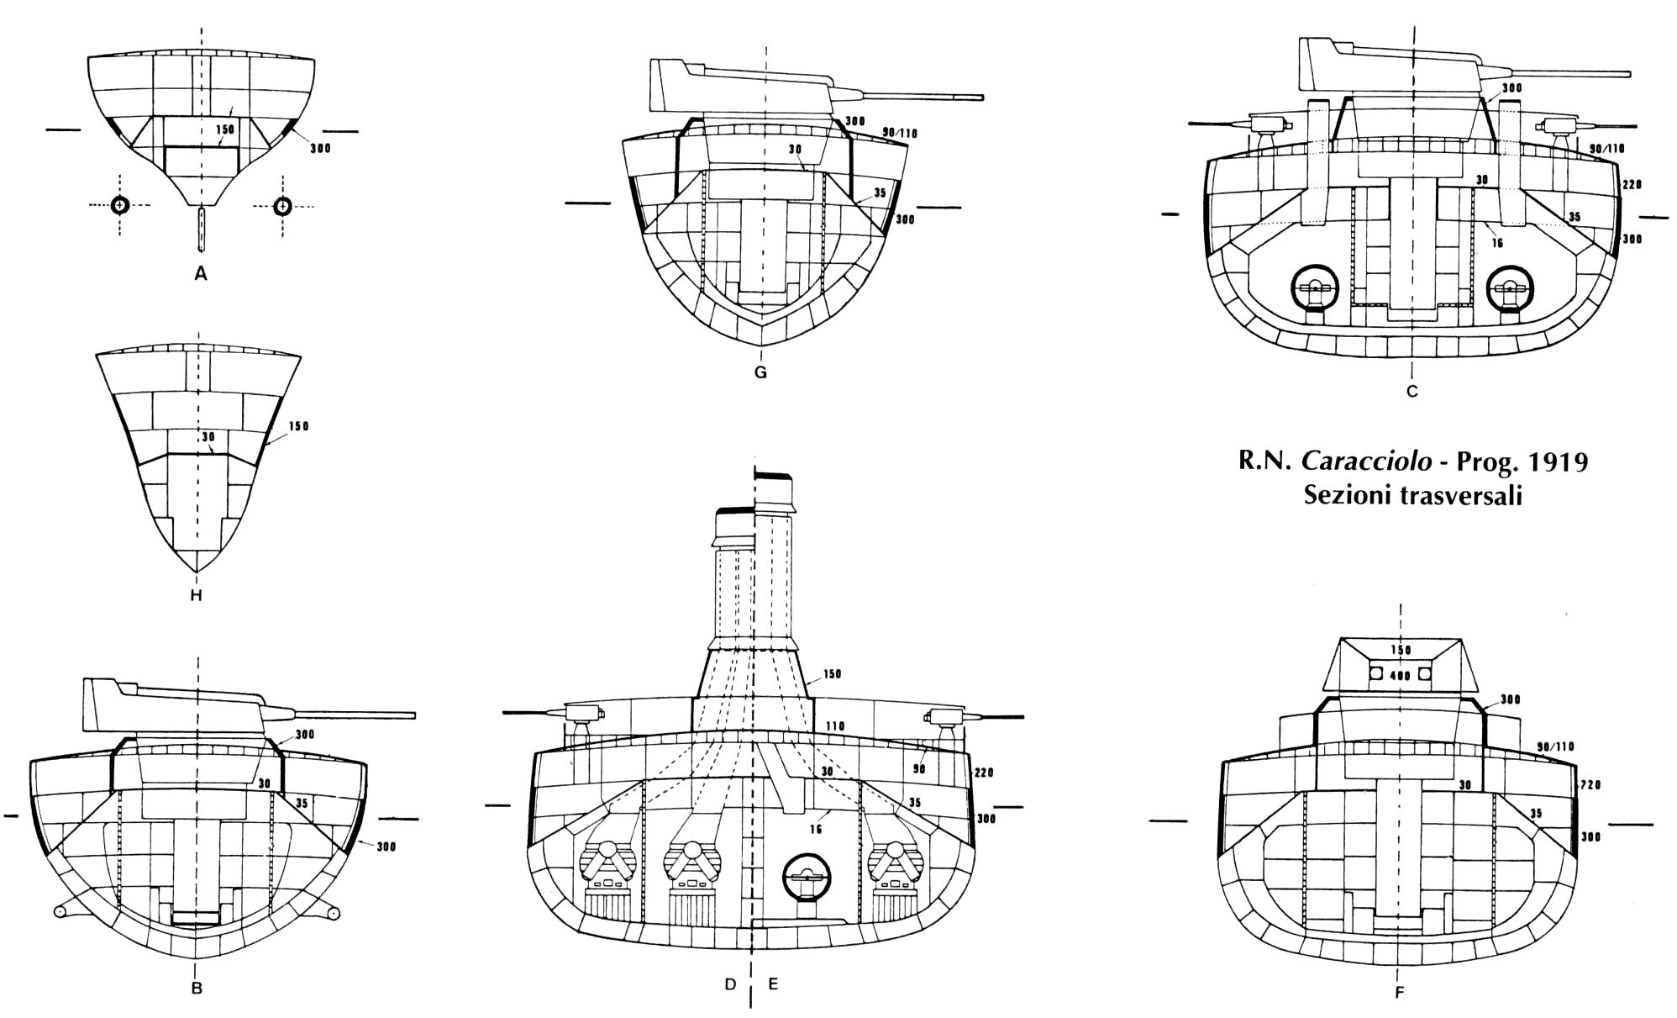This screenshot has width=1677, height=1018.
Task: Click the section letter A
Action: pos(200,273)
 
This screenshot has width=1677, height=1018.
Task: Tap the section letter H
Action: pos(197,596)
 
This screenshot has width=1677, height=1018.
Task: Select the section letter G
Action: pos(760,372)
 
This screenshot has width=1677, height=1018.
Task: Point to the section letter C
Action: pos(1412,391)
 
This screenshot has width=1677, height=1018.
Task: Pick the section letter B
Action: pos(197,989)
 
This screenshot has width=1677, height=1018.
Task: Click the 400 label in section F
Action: pos(1399,675)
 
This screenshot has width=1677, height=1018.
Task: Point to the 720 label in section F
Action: pos(1590,784)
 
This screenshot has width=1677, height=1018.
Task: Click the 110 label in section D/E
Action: pos(834,726)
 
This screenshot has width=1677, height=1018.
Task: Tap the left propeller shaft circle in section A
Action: pos(119,204)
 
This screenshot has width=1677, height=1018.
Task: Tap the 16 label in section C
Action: pos(1498,244)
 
